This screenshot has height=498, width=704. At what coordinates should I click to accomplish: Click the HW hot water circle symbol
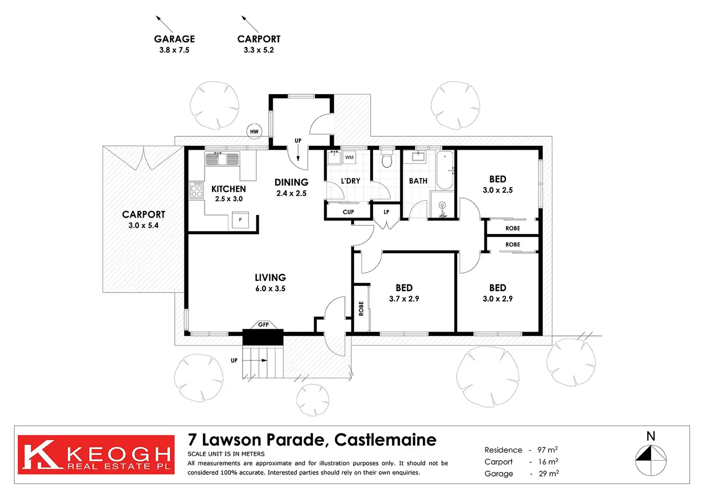pos(254,132)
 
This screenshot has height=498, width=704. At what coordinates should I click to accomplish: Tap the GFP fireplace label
pos(264,324)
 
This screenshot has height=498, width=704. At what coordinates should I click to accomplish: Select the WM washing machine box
pos(349,157)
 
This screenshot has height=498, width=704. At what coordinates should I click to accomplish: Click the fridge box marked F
pos(240,220)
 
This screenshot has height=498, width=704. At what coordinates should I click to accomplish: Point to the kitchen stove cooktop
pos(197,190)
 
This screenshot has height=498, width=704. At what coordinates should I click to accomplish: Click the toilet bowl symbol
pos(386,159)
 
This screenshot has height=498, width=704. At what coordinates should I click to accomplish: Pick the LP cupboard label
pos(386,212)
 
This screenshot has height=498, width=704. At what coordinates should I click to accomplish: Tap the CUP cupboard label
pos(348,212)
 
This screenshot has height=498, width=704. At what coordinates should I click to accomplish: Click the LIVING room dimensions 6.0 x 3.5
pos(270,288)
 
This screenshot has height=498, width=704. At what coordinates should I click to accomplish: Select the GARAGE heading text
pos(175,39)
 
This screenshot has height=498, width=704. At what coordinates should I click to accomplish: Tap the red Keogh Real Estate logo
pos(96,454)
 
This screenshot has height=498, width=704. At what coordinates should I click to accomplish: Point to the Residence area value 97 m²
pos(548,450)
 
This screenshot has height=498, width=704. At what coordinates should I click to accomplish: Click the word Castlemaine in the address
pos(385,440)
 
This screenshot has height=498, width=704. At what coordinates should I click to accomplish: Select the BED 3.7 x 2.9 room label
pos(404,293)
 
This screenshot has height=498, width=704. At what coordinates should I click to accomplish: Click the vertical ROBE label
pos(361,309)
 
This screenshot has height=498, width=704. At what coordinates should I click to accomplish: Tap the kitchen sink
pos(222,158)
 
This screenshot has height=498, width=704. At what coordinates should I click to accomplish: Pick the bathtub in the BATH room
pos(445,170)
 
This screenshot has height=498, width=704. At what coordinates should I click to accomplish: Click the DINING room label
pos(291,182)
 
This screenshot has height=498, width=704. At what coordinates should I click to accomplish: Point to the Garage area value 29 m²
pos(549,474)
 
